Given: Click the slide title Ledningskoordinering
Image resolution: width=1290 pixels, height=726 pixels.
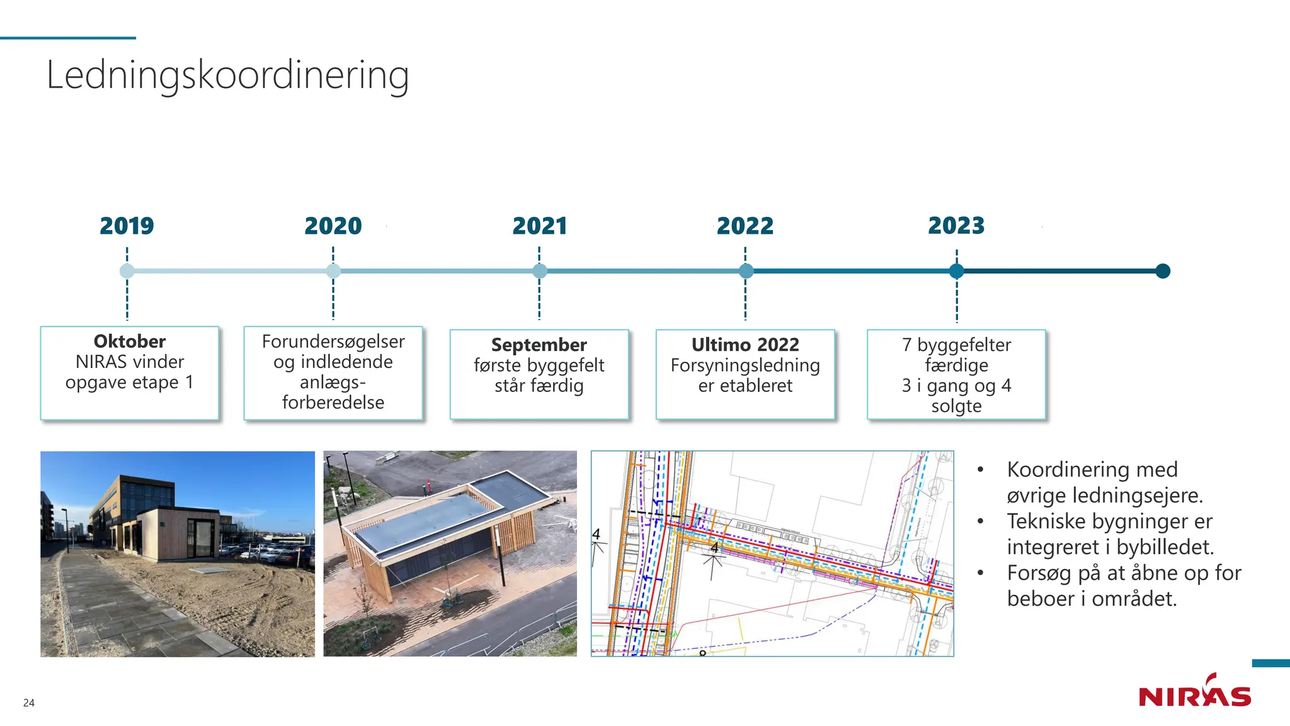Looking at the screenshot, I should pos(227,75).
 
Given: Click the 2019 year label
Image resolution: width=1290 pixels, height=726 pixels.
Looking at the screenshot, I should pos(127,226).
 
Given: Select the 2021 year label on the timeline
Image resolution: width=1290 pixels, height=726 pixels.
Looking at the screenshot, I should pos(539,226).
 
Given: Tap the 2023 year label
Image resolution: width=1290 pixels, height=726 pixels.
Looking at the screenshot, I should pos(956,226).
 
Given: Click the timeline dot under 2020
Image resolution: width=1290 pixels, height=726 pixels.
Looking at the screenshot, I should pos(333,271).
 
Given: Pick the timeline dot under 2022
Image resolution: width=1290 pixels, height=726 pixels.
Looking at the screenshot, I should pos(746,271).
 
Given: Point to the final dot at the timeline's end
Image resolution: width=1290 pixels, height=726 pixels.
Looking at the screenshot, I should pos(1163,271).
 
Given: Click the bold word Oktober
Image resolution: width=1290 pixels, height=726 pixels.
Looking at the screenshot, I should pos(130,342).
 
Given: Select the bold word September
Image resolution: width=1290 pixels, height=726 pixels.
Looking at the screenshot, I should pos(539,345).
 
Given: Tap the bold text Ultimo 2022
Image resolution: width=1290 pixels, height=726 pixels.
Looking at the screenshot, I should pos(745,345).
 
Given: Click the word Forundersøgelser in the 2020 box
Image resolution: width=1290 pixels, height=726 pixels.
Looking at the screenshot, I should pos(333,342).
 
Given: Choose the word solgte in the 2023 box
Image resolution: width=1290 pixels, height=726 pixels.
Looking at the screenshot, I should pos(956,406).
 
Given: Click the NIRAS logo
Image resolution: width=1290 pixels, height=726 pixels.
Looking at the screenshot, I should pos(1194,693).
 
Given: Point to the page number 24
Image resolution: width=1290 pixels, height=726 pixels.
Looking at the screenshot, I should pos(29,703).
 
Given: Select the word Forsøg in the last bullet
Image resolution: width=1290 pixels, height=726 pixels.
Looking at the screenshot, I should pos(1039,573).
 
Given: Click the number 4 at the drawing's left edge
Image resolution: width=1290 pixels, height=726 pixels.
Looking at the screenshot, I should pos(596,534).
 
